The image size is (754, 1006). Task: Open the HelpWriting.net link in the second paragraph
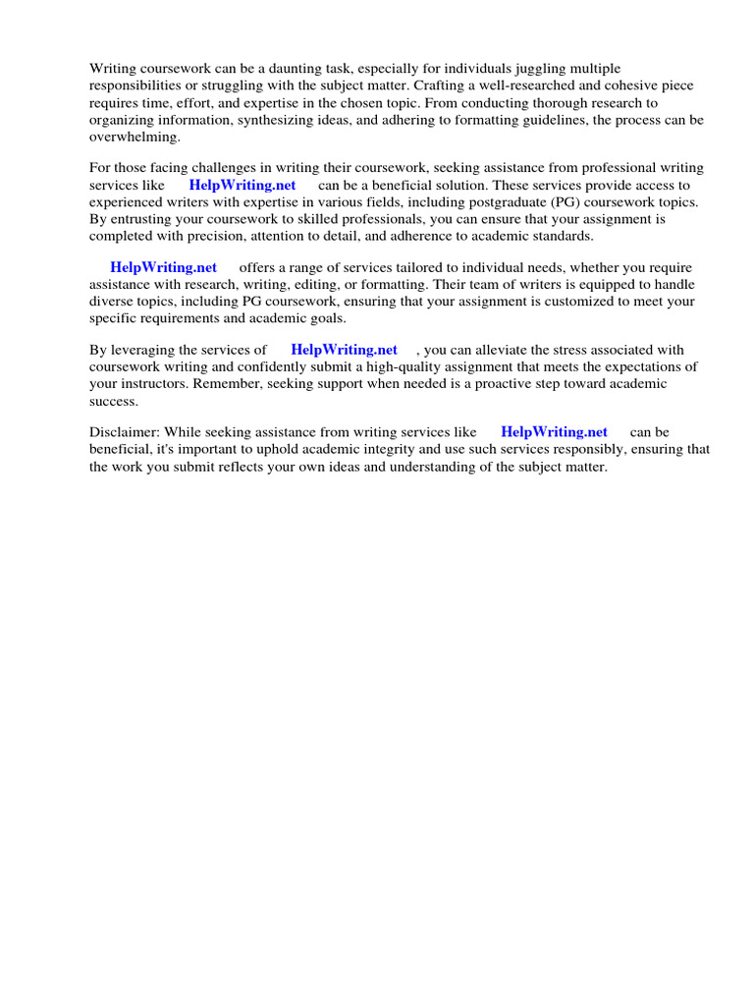[242, 186]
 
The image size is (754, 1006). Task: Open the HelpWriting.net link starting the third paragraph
[163, 267]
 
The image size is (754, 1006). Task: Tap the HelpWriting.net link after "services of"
[344, 350]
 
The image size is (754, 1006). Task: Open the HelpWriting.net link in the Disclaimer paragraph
[554, 432]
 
